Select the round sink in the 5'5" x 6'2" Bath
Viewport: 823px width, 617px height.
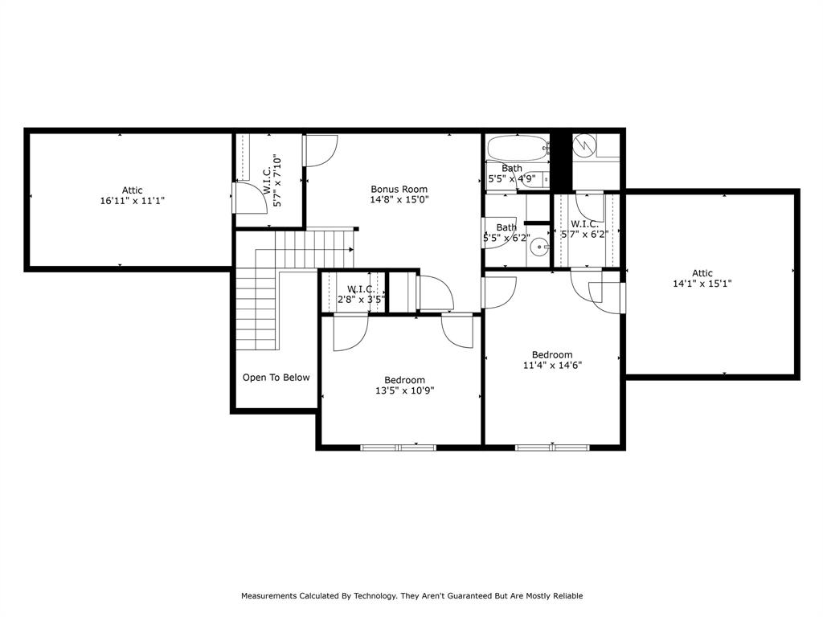540,247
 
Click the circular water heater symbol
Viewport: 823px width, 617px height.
584,145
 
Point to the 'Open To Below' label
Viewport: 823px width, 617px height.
276,378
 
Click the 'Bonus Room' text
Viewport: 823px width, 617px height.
399,190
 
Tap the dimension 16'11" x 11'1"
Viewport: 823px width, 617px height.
133,201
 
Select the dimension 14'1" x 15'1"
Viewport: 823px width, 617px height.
702,284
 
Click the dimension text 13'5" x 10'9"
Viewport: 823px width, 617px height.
404,390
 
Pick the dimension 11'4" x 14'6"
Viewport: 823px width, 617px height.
552,365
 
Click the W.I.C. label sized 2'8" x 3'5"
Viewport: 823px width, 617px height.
361,289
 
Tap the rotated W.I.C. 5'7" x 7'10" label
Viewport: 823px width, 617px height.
271,181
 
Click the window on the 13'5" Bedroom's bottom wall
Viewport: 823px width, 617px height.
398,447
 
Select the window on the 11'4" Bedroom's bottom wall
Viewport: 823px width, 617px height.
552,447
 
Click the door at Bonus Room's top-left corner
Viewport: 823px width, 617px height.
320,150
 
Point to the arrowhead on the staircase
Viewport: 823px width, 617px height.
351,250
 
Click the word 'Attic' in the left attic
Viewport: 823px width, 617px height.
133,190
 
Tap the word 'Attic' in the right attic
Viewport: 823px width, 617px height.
702,273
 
